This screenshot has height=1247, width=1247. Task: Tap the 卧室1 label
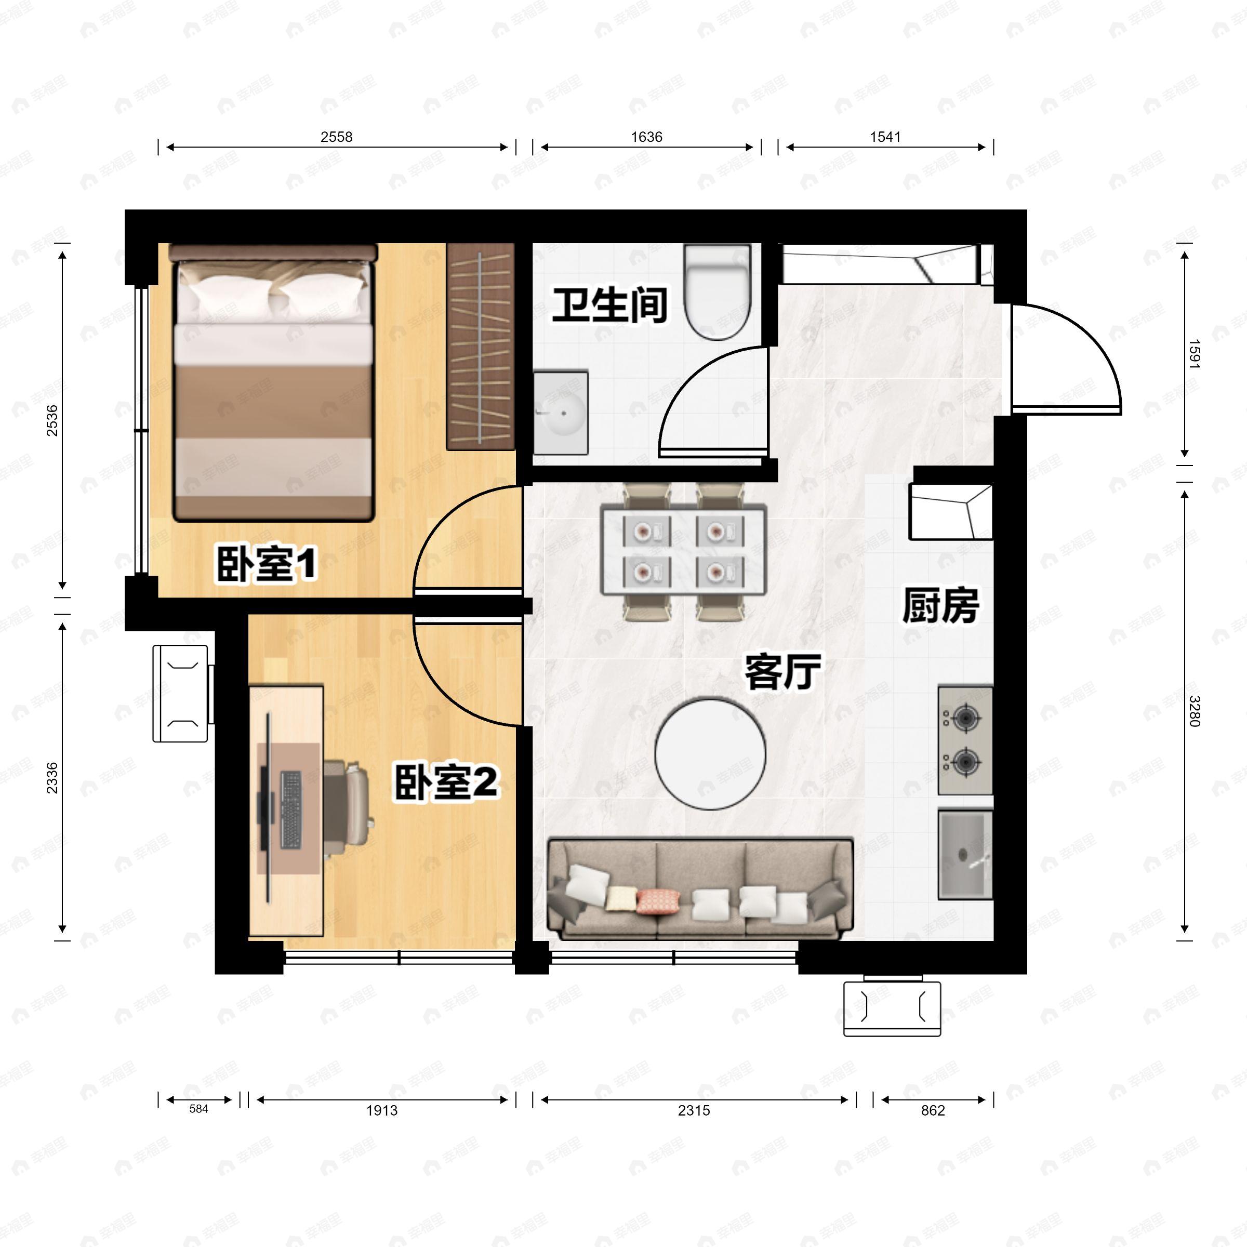coord(266,563)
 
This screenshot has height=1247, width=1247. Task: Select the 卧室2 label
coord(446,782)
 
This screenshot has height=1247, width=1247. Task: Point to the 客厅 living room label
coord(782,672)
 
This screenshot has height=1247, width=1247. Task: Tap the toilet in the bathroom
coord(718,294)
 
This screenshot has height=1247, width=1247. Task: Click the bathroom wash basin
coord(561,412)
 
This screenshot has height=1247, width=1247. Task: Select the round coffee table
coord(710,753)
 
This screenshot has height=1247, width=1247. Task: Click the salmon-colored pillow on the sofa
coord(658,901)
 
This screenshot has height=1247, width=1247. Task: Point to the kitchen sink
coord(964,854)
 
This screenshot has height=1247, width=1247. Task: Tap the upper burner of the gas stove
coord(964,717)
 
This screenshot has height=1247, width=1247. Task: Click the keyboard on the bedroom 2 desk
coord(291,810)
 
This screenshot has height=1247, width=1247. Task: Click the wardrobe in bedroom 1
coord(480,347)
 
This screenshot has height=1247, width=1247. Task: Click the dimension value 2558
coord(336,137)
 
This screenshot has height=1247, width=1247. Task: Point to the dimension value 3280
coord(1193,711)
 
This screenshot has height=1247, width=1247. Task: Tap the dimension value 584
coord(199,1109)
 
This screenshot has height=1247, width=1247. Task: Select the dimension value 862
coord(933,1110)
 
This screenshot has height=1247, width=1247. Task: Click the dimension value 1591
coord(1193,354)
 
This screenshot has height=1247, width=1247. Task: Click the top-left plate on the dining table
coord(643,531)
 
